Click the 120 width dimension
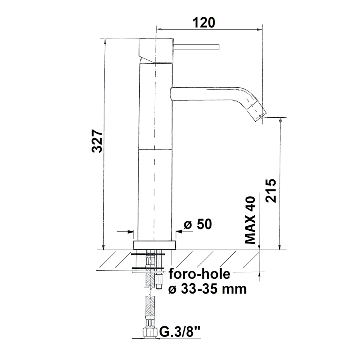pyautogui.click(x=204, y=22)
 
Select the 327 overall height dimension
pyautogui.click(x=97, y=141)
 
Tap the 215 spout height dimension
pyautogui.click(x=271, y=190)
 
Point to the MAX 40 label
pyautogui.click(x=250, y=220)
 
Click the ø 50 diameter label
pyautogui.click(x=198, y=224)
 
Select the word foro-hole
pyautogui.click(x=200, y=274)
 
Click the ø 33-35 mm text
pyautogui.click(x=207, y=289)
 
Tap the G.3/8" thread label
pyautogui.click(x=180, y=332)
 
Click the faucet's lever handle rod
pyautogui.click(x=196, y=47)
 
